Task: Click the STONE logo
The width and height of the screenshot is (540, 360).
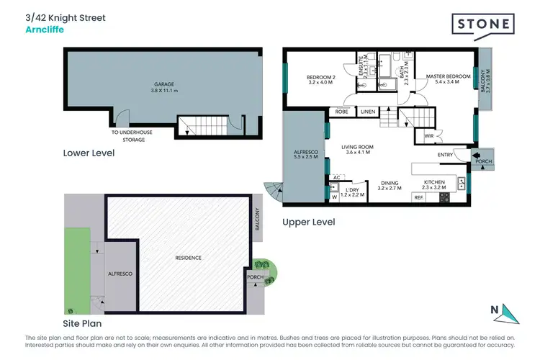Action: (x=482, y=24)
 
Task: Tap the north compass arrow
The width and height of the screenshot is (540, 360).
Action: (x=509, y=314)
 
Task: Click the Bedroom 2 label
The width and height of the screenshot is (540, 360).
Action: (x=320, y=79)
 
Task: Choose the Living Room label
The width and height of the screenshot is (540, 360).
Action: (x=358, y=149)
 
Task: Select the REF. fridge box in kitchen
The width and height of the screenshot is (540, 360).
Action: (x=418, y=197)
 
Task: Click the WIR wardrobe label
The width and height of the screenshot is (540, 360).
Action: (x=428, y=135)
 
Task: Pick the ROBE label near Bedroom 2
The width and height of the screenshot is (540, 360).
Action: (x=341, y=112)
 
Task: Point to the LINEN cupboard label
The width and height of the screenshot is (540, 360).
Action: (x=368, y=112)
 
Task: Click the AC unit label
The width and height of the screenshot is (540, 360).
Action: (x=336, y=177)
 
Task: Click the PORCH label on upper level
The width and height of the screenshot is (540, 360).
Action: (x=484, y=161)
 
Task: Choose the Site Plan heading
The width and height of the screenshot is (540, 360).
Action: (x=88, y=323)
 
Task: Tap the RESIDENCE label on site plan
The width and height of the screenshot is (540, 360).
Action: (x=188, y=258)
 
